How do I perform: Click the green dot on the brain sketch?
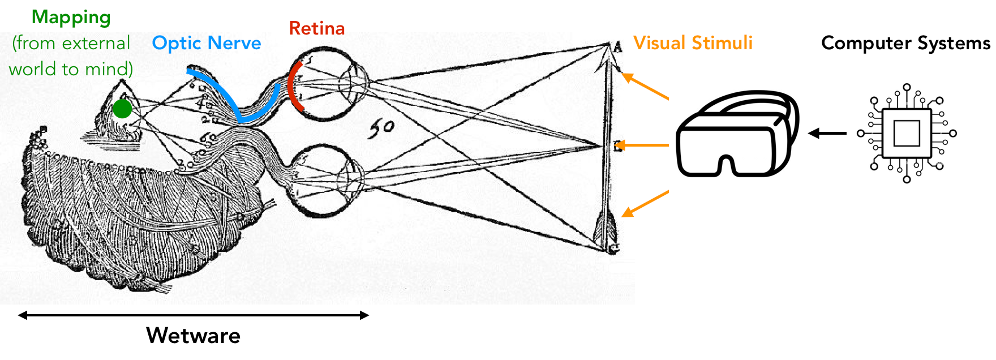122,109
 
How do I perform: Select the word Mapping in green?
71,18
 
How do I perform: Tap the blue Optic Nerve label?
207,43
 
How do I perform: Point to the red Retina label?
317,28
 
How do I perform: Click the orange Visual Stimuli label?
693,43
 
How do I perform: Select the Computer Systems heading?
905,43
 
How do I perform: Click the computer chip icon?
907,134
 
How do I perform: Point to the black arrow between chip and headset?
827,134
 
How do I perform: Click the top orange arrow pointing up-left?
645,86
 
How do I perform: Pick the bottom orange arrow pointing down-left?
645,204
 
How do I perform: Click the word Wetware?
193,336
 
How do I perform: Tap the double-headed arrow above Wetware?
193,315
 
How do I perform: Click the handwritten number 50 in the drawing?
381,129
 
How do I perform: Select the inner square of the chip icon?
907,134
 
